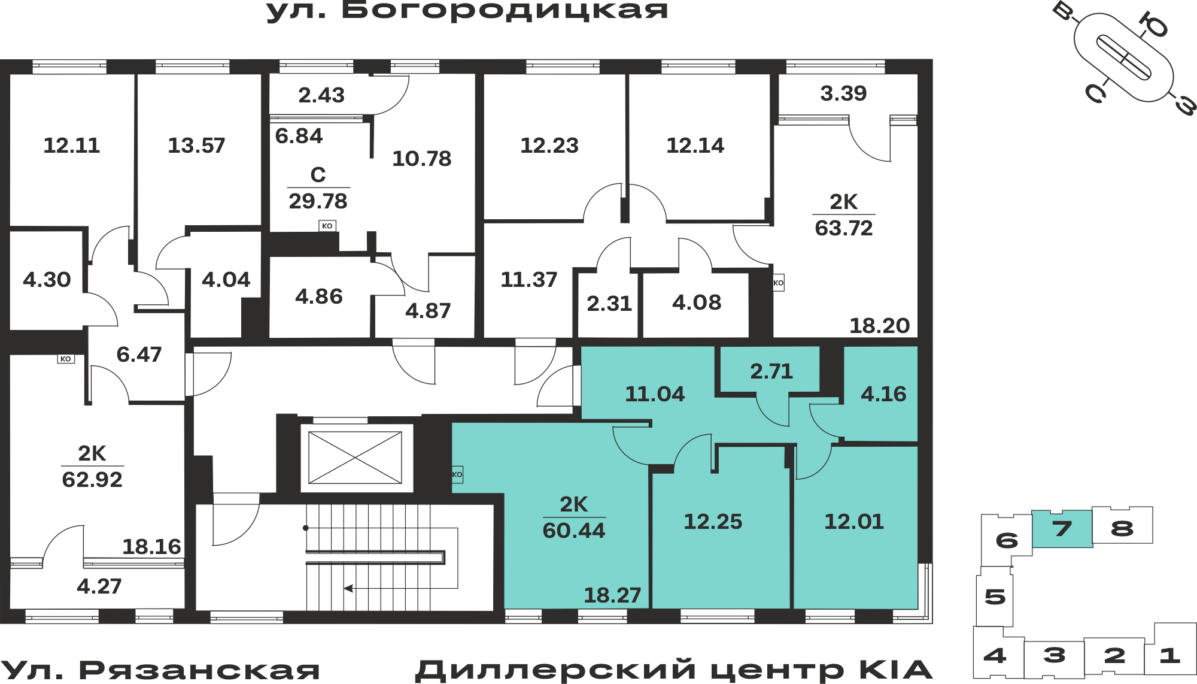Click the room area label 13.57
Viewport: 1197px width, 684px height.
[x=196, y=146]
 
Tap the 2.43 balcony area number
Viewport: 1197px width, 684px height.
[x=321, y=95]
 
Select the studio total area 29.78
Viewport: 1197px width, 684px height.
[x=318, y=201]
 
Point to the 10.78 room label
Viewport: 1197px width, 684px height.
[x=422, y=159]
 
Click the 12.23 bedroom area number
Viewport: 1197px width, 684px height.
[x=549, y=146]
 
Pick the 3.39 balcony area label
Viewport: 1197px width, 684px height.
[x=843, y=93]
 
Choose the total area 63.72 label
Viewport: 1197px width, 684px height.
[x=844, y=228]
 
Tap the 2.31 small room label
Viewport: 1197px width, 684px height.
[x=609, y=304]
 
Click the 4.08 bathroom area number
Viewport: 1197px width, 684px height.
[x=697, y=302]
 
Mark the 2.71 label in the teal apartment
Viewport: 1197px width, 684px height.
[x=771, y=371]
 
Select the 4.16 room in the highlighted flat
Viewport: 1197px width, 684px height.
[x=883, y=394]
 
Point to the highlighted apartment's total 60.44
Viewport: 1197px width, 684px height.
[x=574, y=531]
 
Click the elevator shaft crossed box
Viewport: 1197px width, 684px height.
[x=355, y=458]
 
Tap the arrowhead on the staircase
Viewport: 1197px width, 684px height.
[x=348, y=588]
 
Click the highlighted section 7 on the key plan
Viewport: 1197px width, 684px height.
[x=1062, y=529]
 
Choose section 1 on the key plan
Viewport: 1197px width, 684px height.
[x=1170, y=655]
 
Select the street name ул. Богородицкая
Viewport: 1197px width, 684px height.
[x=467, y=10]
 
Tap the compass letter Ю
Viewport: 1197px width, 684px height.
[x=1153, y=25]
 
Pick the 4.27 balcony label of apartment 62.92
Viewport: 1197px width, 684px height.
[x=99, y=586]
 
